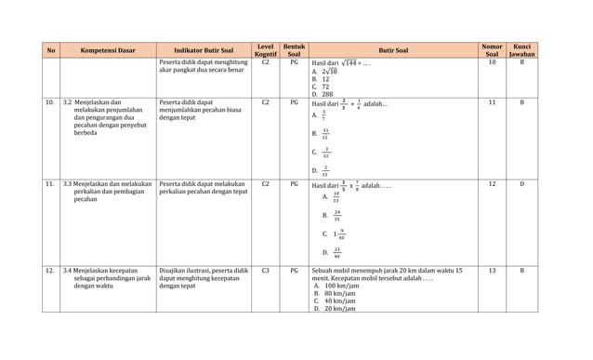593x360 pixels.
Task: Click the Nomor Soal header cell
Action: pyautogui.click(x=492, y=50)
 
